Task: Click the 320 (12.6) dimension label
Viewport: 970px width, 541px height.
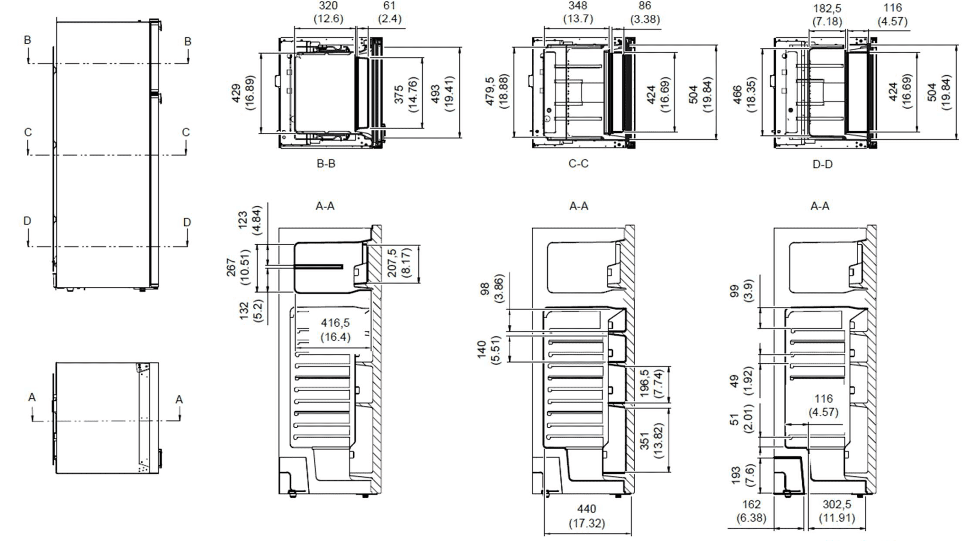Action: pyautogui.click(x=328, y=12)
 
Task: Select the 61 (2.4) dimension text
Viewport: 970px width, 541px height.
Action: pyautogui.click(x=389, y=12)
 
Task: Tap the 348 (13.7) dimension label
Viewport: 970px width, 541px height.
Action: pyautogui.click(x=578, y=12)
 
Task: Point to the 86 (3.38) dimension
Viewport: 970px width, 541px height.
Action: pyautogui.click(x=645, y=13)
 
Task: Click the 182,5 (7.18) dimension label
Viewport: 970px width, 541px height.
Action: pyautogui.click(x=827, y=15)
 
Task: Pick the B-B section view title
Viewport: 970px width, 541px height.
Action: pyautogui.click(x=326, y=164)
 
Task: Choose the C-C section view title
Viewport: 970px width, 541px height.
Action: pyautogui.click(x=578, y=164)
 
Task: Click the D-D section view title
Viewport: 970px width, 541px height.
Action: pyautogui.click(x=822, y=165)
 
